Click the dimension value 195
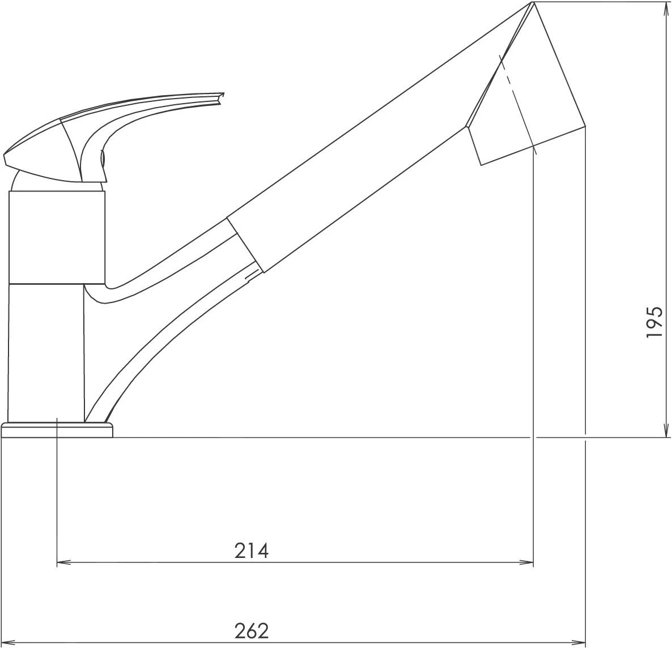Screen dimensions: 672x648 pyautogui.click(x=654, y=322)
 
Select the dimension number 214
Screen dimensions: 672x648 pyautogui.click(x=252, y=551)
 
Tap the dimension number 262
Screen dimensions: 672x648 pyautogui.click(x=252, y=631)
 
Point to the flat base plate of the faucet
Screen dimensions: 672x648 pyautogui.click(x=57, y=430)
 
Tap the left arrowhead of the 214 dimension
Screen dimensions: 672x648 pyautogui.click(x=63, y=562)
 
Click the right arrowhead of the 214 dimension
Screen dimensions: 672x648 pyautogui.click(x=526, y=562)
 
